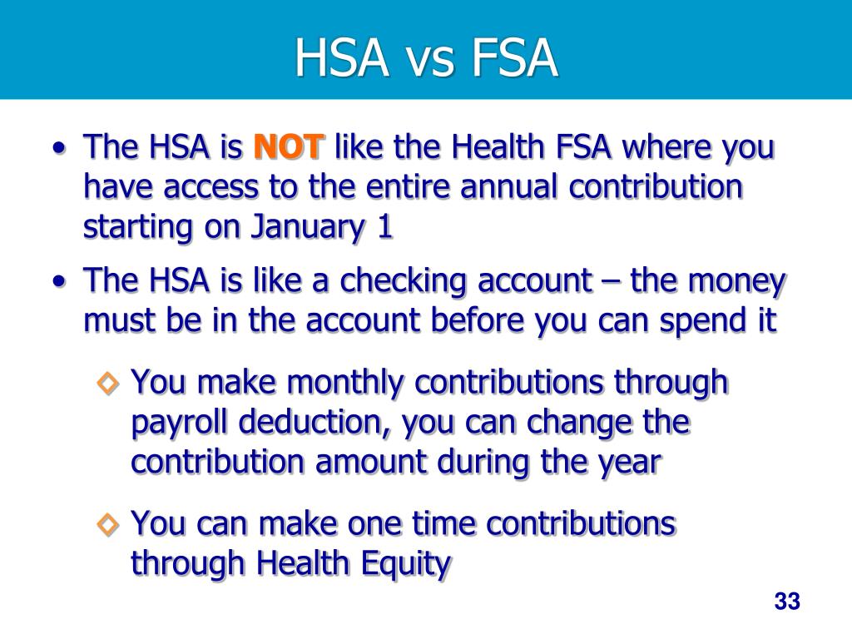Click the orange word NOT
[289, 148]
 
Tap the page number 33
[786, 602]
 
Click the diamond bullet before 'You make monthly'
[108, 384]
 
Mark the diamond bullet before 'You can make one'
[108, 524]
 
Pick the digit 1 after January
[384, 228]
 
